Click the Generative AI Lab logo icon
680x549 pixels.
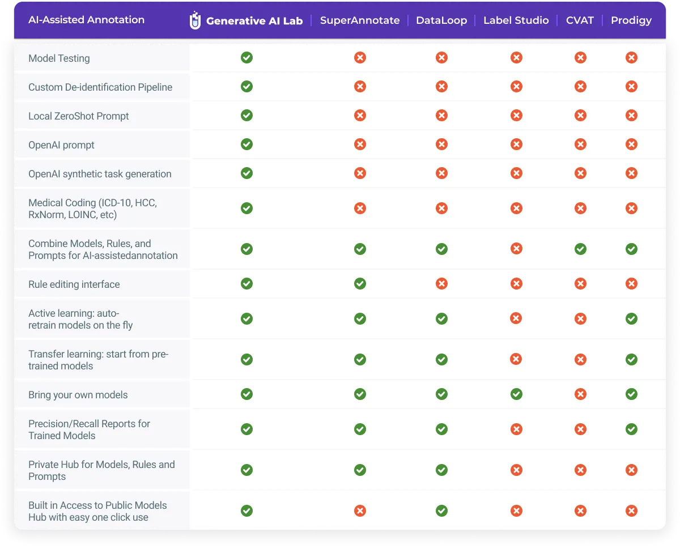(195, 20)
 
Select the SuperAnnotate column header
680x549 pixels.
(360, 20)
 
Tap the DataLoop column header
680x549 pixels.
(441, 20)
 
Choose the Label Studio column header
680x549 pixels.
(516, 20)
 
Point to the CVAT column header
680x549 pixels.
(580, 20)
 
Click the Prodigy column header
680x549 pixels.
(631, 20)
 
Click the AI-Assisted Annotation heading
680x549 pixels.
(86, 20)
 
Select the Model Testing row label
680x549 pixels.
(59, 58)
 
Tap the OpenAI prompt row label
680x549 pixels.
(61, 145)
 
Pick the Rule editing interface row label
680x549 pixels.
(74, 284)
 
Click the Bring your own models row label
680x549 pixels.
(78, 395)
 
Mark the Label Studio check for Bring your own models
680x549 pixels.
(516, 394)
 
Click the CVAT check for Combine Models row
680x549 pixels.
(580, 249)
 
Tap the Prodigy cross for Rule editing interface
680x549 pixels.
(631, 283)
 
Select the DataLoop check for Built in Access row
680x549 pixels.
(441, 510)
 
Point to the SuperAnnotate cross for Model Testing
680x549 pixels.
(360, 57)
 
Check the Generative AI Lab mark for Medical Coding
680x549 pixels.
(246, 208)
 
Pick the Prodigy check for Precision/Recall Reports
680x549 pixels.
(631, 429)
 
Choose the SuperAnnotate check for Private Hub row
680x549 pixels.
(360, 470)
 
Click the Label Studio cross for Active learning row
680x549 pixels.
(516, 318)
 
